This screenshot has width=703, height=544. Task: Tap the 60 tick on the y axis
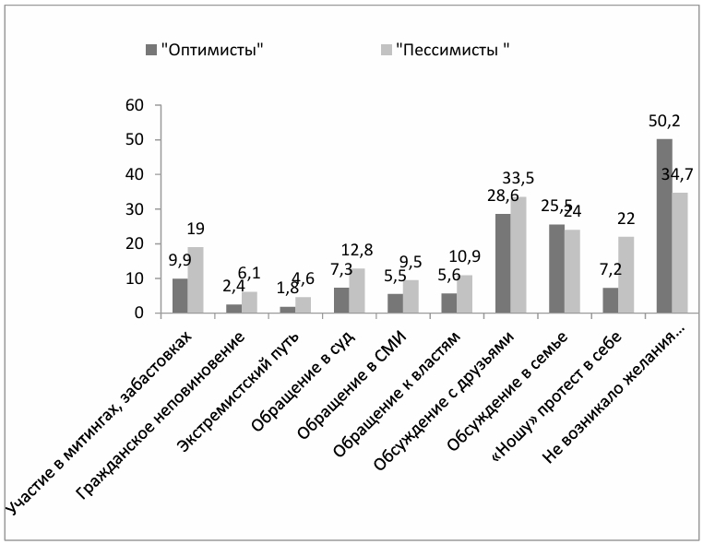137,106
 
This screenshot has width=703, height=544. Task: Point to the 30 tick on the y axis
137,209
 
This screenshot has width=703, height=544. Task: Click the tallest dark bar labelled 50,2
664,226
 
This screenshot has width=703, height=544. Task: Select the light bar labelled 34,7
680,253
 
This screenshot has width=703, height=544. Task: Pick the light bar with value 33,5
518,254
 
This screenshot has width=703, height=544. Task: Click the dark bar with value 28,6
503,264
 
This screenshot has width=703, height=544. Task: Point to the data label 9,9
181,260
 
